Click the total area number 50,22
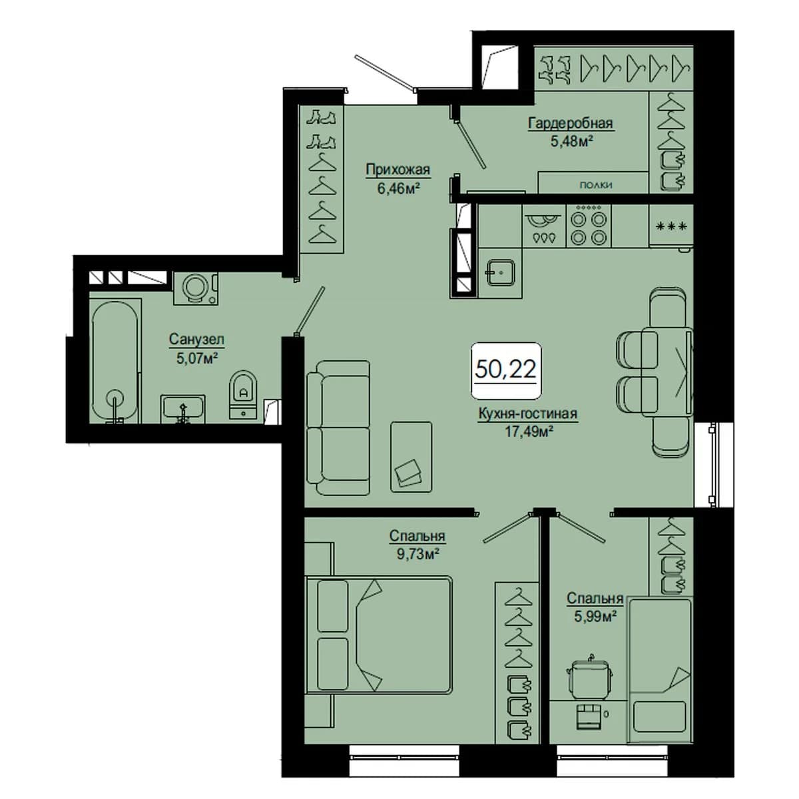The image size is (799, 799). tap(506, 369)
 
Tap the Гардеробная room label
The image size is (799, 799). tap(570, 124)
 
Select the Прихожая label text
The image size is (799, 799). tap(398, 170)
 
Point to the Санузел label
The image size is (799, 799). tap(196, 339)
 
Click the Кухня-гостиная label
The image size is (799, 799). tap(528, 413)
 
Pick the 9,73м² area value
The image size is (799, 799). tap(418, 554)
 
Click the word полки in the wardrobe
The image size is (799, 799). tap(596, 185)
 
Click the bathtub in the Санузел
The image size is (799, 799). tap(115, 361)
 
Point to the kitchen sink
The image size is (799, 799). tap(501, 272)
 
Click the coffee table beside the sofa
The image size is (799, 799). tap(411, 457)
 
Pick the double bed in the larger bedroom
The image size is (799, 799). tap(378, 637)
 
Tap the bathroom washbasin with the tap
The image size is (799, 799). tap(182, 409)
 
